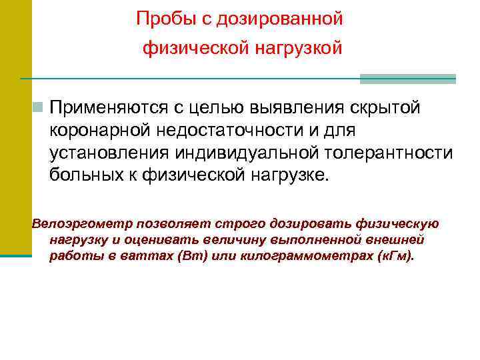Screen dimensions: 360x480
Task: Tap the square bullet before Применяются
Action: [39, 107]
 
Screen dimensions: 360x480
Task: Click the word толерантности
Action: [392, 153]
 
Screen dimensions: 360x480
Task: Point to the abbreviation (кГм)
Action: [393, 257]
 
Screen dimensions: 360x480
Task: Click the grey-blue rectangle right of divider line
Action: [407, 79]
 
